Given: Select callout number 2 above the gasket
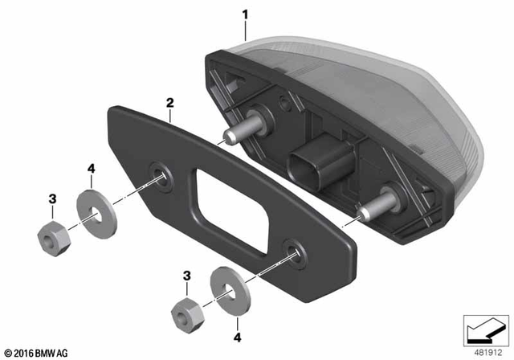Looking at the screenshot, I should pyautogui.click(x=169, y=104).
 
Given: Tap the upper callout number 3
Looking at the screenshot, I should pyautogui.click(x=52, y=198).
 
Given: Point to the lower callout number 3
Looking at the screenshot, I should pyautogui.click(x=187, y=276).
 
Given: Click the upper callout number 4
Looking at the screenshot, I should pyautogui.click(x=92, y=168).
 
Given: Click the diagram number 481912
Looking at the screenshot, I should pyautogui.click(x=486, y=351).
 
